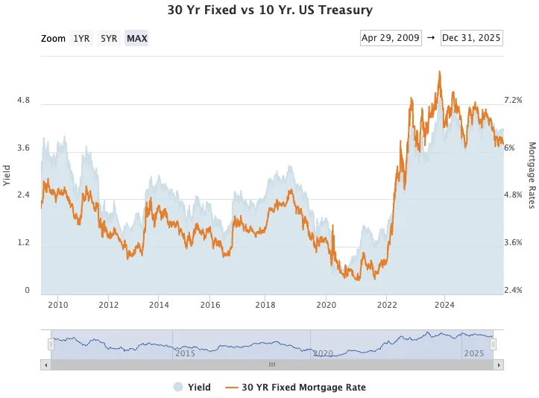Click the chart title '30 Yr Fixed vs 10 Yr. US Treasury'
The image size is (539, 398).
(269, 10)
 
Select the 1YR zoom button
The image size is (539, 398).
(81, 38)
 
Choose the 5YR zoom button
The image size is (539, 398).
(109, 38)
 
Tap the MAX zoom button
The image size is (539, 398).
(136, 38)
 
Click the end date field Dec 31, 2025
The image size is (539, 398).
(471, 38)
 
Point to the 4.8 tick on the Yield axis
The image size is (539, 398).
(23, 100)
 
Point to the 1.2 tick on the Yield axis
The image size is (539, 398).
(23, 243)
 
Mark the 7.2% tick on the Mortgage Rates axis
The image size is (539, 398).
(514, 100)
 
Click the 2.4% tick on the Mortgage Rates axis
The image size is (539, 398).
(514, 291)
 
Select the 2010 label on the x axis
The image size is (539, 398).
(58, 305)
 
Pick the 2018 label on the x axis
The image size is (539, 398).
(266, 305)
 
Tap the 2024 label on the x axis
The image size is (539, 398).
(444, 305)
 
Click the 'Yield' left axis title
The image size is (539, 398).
(7, 175)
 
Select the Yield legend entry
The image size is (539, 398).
(193, 387)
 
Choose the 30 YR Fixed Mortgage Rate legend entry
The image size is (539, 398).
(295, 387)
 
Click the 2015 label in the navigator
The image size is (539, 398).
(185, 353)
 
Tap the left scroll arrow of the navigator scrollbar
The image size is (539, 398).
(46, 364)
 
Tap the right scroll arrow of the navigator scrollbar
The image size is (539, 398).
(498, 364)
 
